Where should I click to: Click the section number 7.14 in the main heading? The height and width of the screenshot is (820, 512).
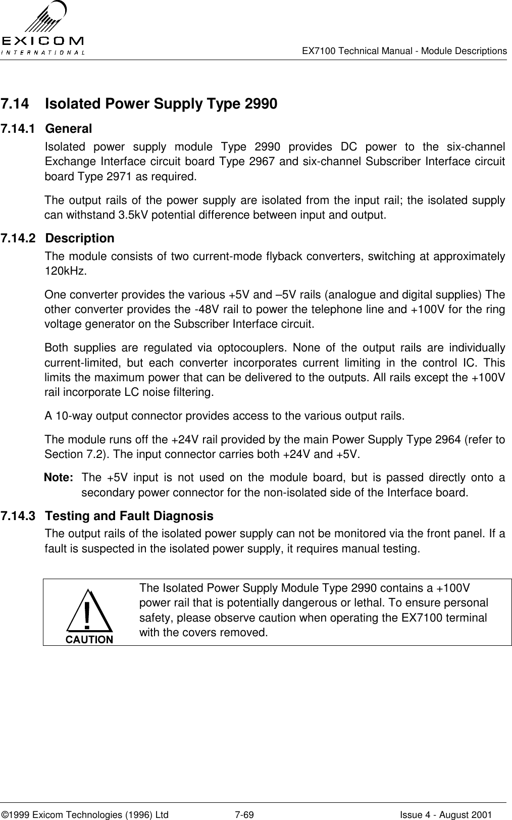click(x=15, y=105)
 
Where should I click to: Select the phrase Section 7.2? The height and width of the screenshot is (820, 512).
click(x=69, y=454)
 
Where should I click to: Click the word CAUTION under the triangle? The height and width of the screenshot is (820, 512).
click(x=89, y=639)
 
